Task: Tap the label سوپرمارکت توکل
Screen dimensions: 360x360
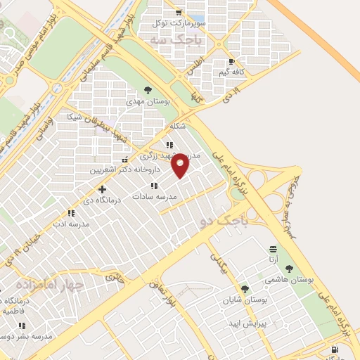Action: [181, 24]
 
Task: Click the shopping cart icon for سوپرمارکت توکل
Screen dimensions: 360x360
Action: [180, 13]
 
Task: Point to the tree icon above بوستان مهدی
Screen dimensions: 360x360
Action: [148, 90]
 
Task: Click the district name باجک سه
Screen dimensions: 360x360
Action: [175, 41]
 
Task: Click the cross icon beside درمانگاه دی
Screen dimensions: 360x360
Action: [103, 189]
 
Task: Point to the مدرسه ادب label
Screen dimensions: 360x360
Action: [71, 224]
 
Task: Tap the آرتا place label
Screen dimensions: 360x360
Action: [273, 259]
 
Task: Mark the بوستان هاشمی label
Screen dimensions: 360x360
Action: [288, 279]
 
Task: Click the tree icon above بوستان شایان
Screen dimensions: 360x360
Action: [245, 288]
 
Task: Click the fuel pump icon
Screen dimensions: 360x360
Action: [335, 349]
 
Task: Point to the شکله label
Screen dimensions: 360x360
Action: [177, 127]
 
